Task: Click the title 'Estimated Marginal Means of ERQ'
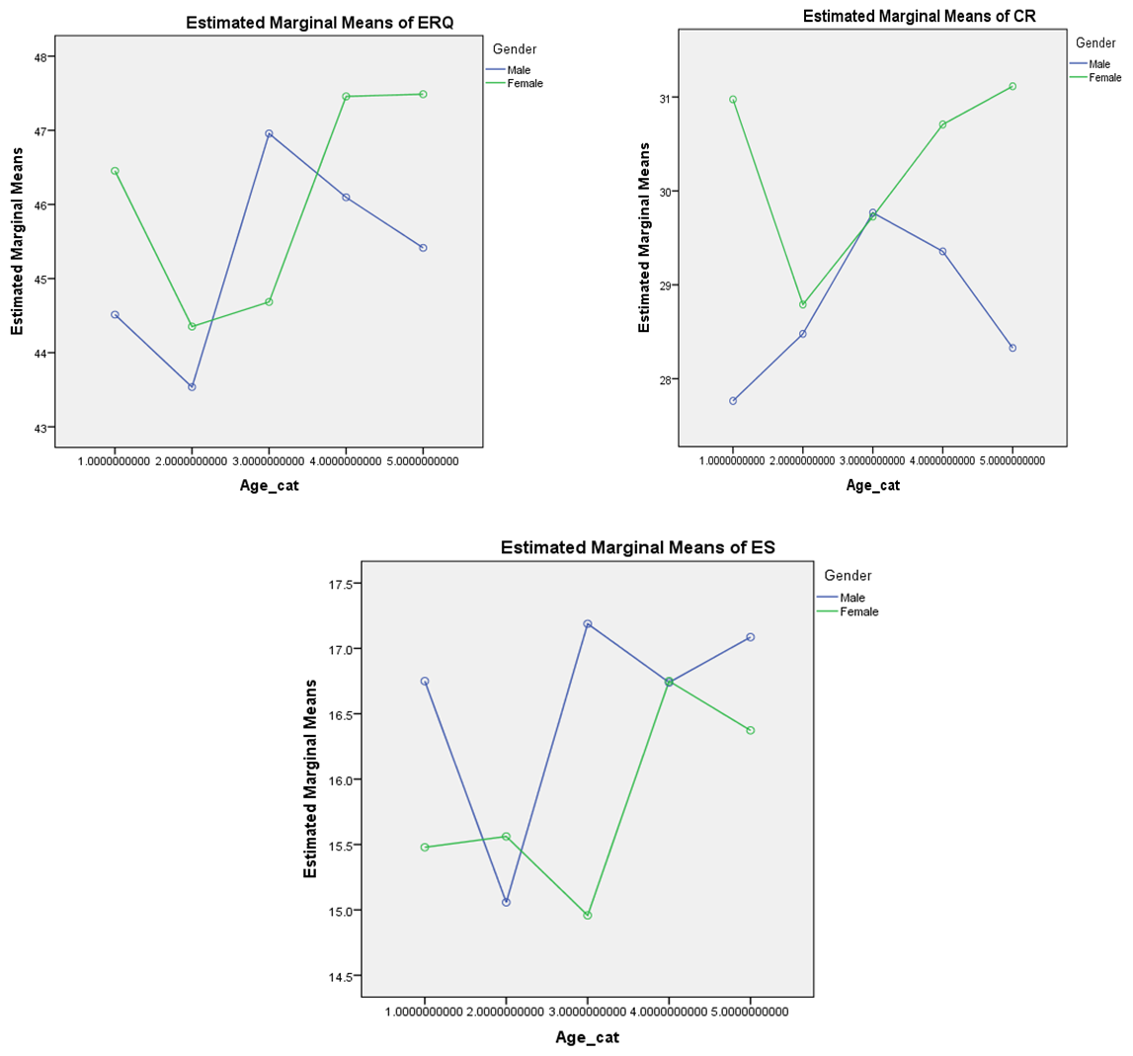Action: [x=312, y=24]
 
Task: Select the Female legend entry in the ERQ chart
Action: [x=525, y=83]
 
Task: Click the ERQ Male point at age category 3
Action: [x=269, y=133]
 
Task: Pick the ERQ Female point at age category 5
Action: [x=423, y=94]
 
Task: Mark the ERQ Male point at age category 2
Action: [x=192, y=386]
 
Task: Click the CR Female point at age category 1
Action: [x=733, y=99]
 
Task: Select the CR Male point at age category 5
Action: [x=1012, y=348]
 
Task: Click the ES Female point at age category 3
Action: [x=588, y=915]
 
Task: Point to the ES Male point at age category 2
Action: [x=506, y=902]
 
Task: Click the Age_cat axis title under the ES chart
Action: [x=587, y=1037]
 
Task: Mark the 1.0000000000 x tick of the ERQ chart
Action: [x=115, y=461]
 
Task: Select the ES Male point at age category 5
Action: [x=751, y=637]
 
